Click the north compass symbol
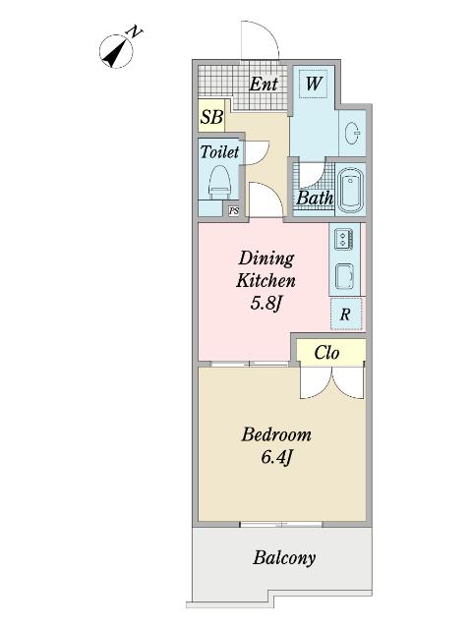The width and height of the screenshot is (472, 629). pos(116,52)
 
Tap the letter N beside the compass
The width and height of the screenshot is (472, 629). pos(135,31)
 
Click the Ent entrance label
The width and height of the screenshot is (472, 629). pos(264,85)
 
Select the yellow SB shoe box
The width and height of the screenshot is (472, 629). pos(211,116)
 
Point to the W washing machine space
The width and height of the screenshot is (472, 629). pos(313,85)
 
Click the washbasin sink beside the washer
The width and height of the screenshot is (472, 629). pos(352,133)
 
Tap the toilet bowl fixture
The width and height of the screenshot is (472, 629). pos(219,183)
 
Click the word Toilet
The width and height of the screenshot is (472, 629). pos(219,152)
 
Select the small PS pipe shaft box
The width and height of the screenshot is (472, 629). pos(234,210)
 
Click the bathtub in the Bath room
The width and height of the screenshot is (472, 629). pos(351,190)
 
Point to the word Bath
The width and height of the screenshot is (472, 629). pos(315,198)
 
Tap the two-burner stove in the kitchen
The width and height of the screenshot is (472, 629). pos(343,239)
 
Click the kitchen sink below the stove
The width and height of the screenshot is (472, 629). pos(344,277)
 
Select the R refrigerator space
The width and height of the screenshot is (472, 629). pos(346,314)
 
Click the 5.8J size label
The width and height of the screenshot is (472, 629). pos(266,304)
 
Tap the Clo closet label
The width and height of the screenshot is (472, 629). pos(326,353)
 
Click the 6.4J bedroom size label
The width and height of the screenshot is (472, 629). pos(276,457)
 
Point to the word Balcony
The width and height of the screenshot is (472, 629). pos(284,558)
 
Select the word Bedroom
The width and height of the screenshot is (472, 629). pos(276,434)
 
